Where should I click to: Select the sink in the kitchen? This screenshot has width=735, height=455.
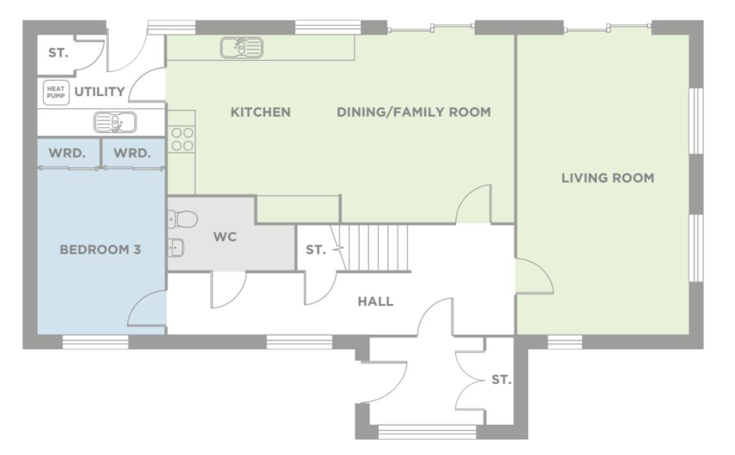(241, 47)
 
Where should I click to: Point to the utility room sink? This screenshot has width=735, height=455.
(114, 123)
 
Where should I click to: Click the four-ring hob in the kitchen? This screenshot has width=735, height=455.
(181, 139)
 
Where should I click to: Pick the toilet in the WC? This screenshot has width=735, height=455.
(183, 218)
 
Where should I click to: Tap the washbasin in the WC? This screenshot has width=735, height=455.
(176, 248)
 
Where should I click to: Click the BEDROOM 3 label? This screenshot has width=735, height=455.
(100, 251)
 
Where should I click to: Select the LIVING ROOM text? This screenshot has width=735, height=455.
(607, 179)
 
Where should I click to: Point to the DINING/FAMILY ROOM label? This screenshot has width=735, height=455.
(413, 112)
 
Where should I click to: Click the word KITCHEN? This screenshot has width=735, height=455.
(260, 112)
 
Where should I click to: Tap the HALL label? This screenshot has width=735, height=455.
(375, 301)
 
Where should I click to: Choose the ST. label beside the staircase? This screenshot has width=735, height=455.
(315, 251)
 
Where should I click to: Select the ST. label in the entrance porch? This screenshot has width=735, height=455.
(501, 379)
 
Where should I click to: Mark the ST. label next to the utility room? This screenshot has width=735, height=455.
(58, 53)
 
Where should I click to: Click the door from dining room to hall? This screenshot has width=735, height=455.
(473, 206)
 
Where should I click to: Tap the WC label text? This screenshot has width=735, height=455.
(225, 235)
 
